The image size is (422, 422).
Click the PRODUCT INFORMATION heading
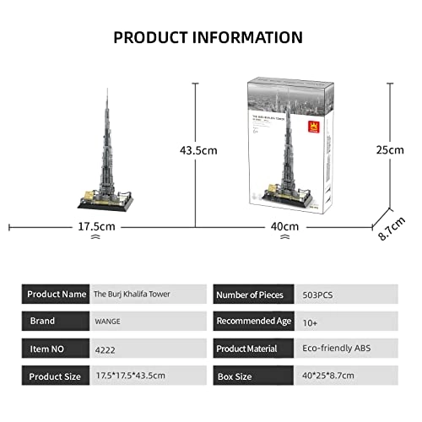(x=208, y=37)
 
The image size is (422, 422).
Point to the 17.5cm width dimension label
(x=95, y=227)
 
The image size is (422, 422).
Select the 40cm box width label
(x=285, y=227)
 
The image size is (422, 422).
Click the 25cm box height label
(x=390, y=149)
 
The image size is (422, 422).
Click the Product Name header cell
(x=56, y=295)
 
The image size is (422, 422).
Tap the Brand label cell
(x=56, y=321)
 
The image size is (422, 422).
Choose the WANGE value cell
(x=108, y=322)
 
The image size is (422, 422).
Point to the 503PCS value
(x=319, y=295)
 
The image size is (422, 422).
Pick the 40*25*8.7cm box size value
(x=331, y=375)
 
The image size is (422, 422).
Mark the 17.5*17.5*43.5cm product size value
(x=132, y=375)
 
